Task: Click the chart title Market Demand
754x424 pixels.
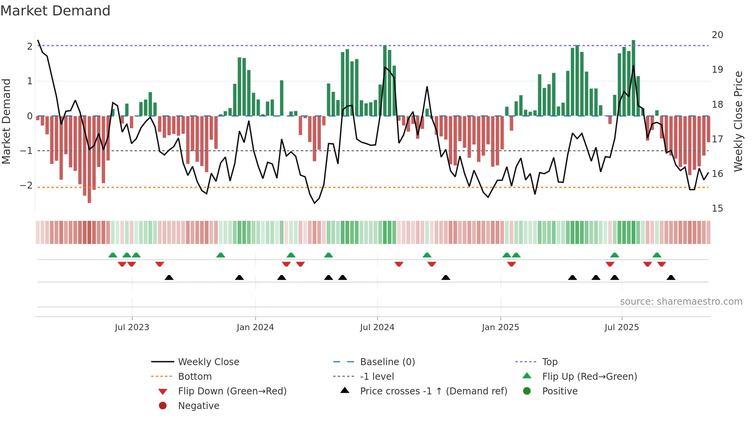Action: [x=55, y=11]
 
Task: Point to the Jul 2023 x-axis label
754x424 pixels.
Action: [x=132, y=327]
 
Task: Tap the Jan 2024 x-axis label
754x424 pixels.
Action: [x=255, y=327]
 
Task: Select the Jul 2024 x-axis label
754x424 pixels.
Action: [x=377, y=327]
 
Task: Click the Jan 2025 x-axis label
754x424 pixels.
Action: [x=500, y=327]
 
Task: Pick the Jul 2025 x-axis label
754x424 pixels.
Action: [x=622, y=327]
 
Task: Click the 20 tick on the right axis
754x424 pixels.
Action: [x=717, y=35]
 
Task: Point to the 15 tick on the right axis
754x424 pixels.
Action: [x=717, y=209]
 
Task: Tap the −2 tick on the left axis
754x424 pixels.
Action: [x=26, y=185]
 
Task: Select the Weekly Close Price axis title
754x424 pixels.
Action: [x=738, y=121]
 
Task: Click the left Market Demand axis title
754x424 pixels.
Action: [x=6, y=121]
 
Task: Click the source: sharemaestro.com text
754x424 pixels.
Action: [x=681, y=302]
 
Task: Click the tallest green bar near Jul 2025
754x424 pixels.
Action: [x=633, y=77]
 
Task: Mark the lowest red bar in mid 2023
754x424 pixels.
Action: [x=89, y=160]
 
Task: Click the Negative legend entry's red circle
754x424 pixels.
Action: [x=163, y=406]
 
